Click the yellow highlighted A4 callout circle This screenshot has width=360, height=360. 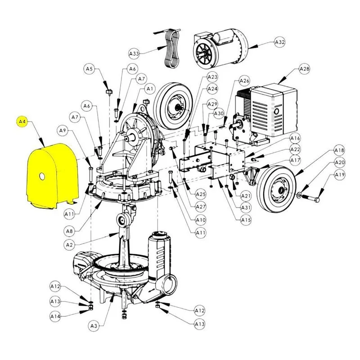click(x=22, y=121)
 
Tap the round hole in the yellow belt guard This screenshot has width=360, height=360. click(x=42, y=176)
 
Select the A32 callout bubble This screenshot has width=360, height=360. click(x=280, y=42)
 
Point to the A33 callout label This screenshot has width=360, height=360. click(x=134, y=54)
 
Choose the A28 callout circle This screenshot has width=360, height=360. click(x=305, y=69)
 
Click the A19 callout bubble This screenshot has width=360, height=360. click(x=340, y=175)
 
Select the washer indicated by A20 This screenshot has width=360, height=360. click(x=299, y=195)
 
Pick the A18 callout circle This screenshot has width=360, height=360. click(x=339, y=150)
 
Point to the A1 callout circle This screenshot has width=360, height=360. click(x=150, y=89)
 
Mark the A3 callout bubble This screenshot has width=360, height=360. click(x=94, y=325)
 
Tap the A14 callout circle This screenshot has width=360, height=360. click(x=55, y=316)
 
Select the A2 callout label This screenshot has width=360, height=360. click(x=69, y=245)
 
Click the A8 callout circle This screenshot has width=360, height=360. click(x=69, y=231)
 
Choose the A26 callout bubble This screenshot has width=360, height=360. click(x=244, y=81)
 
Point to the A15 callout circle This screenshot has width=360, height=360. click(x=246, y=220)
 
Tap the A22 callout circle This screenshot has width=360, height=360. click(x=295, y=149)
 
